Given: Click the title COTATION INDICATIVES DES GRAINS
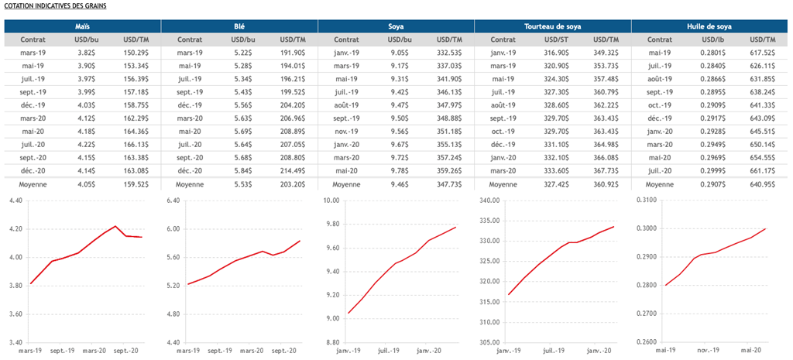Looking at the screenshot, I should (55, 5).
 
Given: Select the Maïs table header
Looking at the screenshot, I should (82, 26).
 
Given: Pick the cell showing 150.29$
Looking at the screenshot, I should (136, 53).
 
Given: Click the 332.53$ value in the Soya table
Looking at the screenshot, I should (449, 53).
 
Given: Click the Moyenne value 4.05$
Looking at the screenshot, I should (86, 185).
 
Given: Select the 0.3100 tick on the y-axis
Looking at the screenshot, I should (646, 201).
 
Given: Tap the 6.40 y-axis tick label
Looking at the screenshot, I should (173, 201).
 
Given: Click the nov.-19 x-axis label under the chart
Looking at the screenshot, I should (706, 350).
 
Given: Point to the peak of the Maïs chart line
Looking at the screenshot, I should (115, 226).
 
